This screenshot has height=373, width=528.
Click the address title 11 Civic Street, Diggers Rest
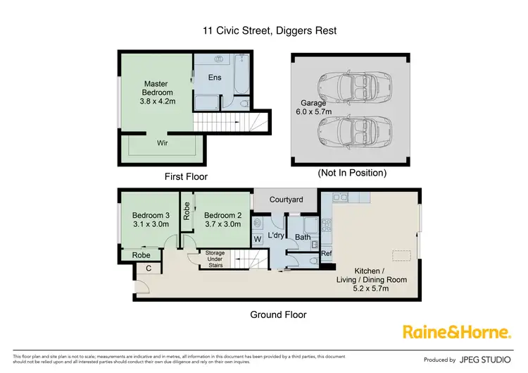[x=263, y=30]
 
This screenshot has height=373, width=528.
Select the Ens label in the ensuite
[x=215, y=77]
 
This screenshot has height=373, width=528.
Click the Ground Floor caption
[x=278, y=314]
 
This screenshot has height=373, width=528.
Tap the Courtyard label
[x=285, y=200]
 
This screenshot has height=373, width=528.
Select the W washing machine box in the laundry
[x=258, y=239]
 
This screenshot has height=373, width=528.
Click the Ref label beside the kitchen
[x=326, y=252]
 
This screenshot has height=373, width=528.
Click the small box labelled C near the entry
[x=149, y=268]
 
